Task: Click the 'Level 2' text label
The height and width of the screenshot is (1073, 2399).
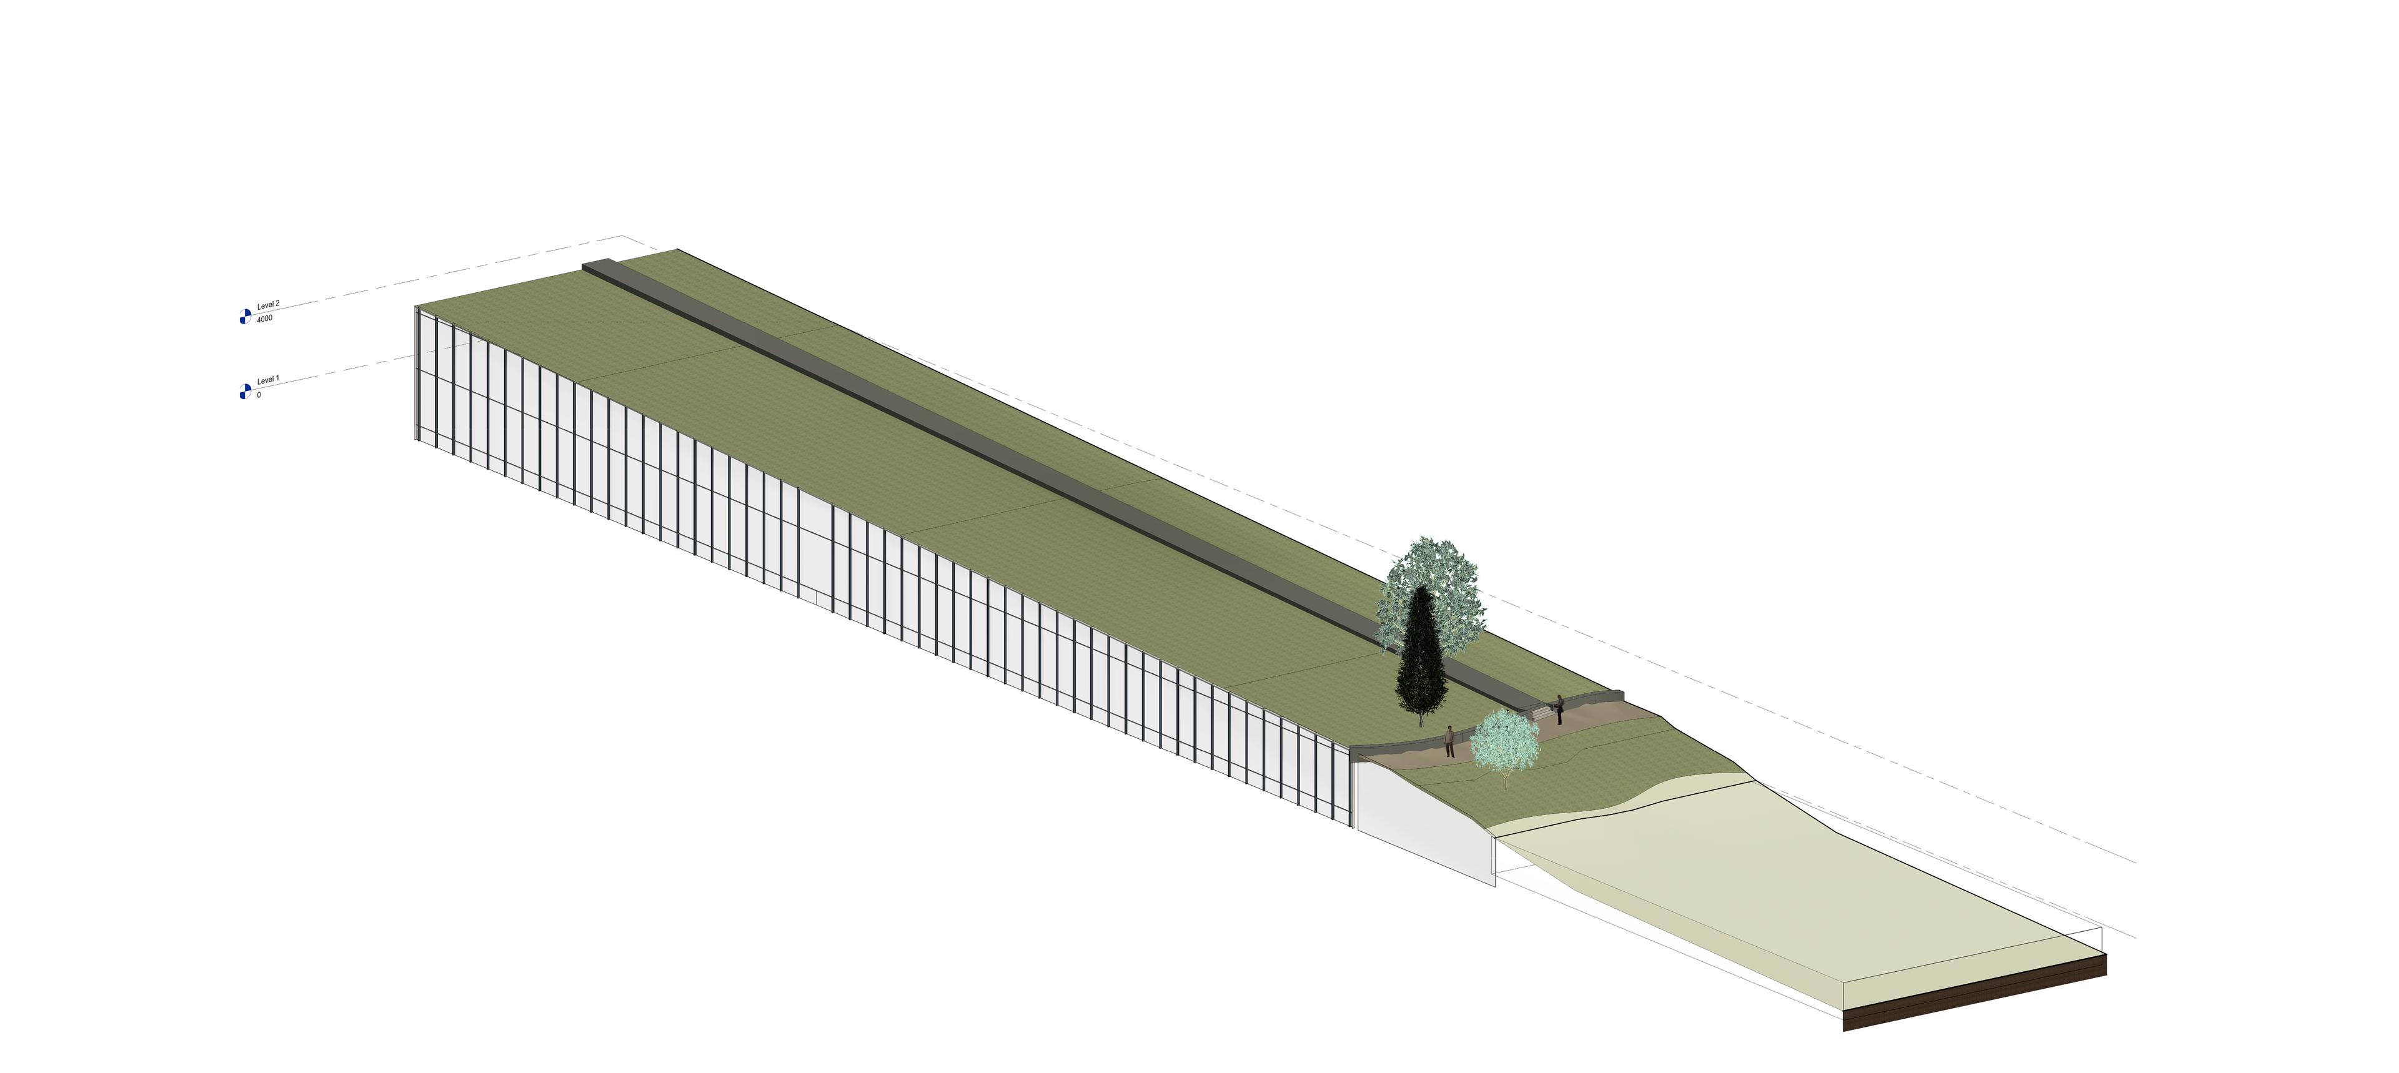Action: click(x=268, y=305)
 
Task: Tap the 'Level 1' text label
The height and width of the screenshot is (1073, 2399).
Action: click(x=268, y=380)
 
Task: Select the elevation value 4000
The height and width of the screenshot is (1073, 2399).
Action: click(x=264, y=319)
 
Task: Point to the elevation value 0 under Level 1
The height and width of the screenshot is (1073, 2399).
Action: click(x=259, y=395)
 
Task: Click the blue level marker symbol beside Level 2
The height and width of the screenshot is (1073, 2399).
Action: click(x=245, y=317)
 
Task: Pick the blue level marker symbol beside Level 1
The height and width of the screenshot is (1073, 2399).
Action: click(x=245, y=392)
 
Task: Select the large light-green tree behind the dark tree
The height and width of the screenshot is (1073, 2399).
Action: click(x=1431, y=592)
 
